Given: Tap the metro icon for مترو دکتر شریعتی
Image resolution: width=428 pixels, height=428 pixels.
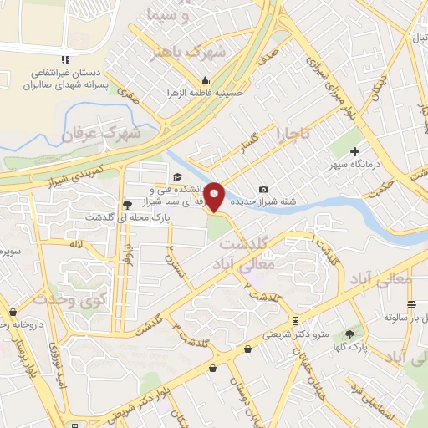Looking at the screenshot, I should [295, 320].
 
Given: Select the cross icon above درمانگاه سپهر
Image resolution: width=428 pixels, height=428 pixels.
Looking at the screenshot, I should [356, 151].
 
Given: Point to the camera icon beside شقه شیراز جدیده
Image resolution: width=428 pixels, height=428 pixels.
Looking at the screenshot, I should [264, 190].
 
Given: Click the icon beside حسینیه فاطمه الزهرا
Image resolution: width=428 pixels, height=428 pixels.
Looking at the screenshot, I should [205, 81].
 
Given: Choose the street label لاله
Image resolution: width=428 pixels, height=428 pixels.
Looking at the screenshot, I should [76, 243].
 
